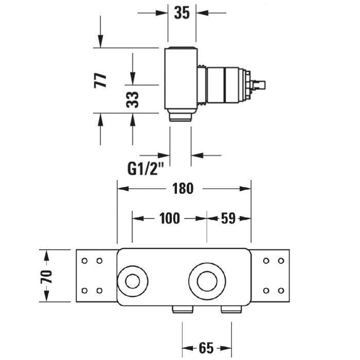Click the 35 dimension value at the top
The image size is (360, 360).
(x=182, y=13)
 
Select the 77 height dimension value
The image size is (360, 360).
(x=100, y=80)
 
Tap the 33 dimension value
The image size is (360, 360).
(x=133, y=100)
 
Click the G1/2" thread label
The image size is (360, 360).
(x=146, y=169)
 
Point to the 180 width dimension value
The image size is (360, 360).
(x=183, y=189)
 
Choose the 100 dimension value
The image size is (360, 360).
(x=169, y=219)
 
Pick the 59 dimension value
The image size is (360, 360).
(x=228, y=219)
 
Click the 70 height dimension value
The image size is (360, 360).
(x=46, y=277)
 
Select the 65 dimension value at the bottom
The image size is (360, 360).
(x=206, y=348)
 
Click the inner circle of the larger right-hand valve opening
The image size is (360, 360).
(x=207, y=272)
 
